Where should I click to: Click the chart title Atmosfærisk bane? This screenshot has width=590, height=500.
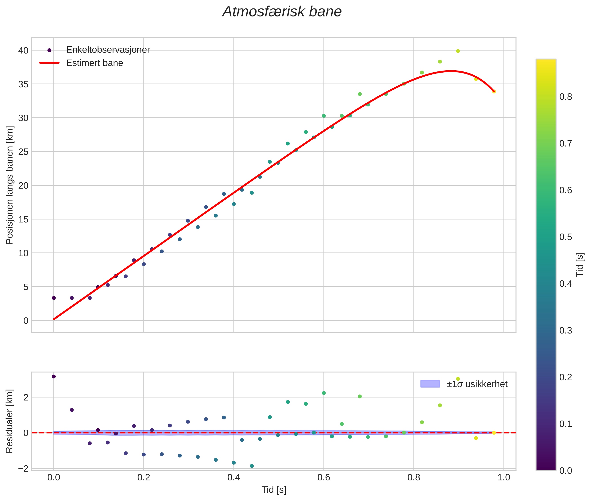point(282,12)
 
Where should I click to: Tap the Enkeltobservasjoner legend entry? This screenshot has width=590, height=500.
point(108,50)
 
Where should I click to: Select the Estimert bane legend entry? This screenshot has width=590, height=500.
point(94,63)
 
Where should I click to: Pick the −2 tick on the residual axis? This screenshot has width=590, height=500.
point(23,469)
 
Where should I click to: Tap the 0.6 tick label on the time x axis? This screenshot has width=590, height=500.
point(323,478)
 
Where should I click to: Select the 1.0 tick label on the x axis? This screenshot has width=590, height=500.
point(504,478)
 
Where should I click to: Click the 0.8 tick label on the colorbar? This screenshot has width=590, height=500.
point(565,97)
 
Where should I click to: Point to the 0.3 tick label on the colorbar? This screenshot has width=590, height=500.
point(565,331)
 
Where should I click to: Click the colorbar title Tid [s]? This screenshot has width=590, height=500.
point(580,264)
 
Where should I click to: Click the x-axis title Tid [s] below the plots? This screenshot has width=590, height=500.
point(274,490)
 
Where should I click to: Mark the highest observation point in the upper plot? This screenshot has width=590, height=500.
point(458,51)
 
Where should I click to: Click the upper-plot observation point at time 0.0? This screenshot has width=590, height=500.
point(54,298)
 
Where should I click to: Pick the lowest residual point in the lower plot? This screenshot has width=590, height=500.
point(252,466)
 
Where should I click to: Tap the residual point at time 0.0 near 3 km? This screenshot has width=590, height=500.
point(54,376)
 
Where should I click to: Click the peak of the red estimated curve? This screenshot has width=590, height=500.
point(450,71)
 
